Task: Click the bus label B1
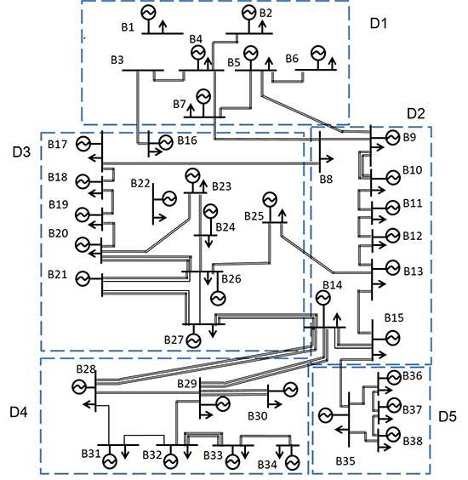coord(128,28)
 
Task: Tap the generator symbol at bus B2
coord(248,12)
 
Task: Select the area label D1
coord(379,22)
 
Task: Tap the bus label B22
coord(140,184)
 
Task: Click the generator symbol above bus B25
coord(270,199)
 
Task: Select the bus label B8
coord(327,179)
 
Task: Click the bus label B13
coord(413,271)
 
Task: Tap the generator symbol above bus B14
coord(322,298)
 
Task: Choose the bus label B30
coord(257,416)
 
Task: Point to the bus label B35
coord(345,461)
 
